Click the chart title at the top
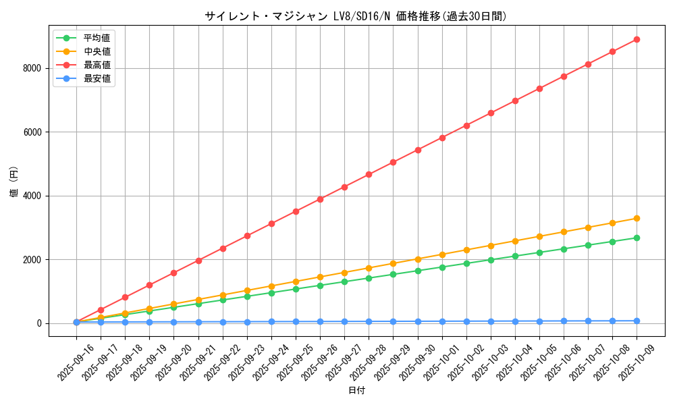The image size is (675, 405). click(x=356, y=16)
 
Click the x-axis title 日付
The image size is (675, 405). click(x=356, y=391)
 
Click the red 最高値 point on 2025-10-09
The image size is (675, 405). click(x=637, y=39)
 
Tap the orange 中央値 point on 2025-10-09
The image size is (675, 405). click(x=637, y=218)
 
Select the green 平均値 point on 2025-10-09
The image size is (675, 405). click(x=637, y=238)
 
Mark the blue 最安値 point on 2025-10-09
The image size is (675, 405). click(x=637, y=321)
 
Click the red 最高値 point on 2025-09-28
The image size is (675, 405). click(x=369, y=174)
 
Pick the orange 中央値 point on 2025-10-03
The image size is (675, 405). click(x=491, y=246)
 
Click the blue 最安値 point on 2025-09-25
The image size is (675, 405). click(x=296, y=321)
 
